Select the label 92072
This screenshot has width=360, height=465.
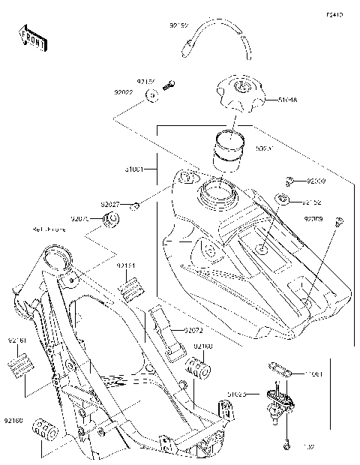click(x=193, y=329)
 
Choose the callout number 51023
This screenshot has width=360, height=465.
click(x=238, y=392)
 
